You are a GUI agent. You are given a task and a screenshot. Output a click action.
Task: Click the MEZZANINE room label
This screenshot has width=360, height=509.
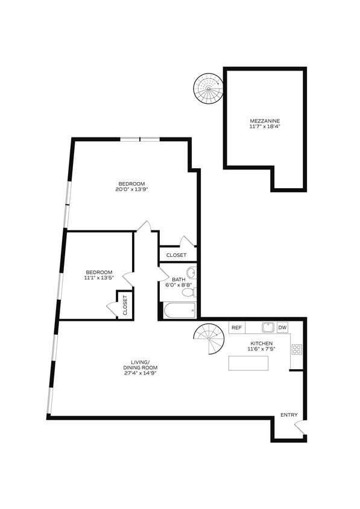tap(265, 119)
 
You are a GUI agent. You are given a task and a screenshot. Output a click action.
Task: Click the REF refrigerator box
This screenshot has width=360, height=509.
tap(236, 328)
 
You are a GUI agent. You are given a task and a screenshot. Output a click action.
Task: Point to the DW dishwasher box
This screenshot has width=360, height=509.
tap(282, 328)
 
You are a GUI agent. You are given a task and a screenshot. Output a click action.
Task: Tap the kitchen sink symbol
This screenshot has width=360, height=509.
tap(268, 327)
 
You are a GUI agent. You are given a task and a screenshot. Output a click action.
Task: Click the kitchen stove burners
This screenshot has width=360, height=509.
tap(297, 350)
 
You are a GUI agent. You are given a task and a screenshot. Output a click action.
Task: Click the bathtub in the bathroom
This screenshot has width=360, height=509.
tap(179, 311)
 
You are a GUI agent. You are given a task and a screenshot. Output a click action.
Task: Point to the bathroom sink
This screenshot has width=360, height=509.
tap(191, 272)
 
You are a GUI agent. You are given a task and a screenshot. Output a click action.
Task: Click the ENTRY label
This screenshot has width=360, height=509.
tap(289, 415)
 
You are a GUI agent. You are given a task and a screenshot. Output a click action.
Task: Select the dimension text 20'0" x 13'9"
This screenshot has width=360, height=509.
tap(132, 189)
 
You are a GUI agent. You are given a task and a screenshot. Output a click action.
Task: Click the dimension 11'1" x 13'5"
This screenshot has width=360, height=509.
tap(98, 279)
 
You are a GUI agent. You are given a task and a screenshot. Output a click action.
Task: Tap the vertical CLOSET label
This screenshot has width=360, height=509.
tap(125, 305)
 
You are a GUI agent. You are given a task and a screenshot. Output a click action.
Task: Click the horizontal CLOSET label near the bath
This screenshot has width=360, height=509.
tap(177, 255)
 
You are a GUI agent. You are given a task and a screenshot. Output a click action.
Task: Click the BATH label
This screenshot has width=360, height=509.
tap(178, 279)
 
